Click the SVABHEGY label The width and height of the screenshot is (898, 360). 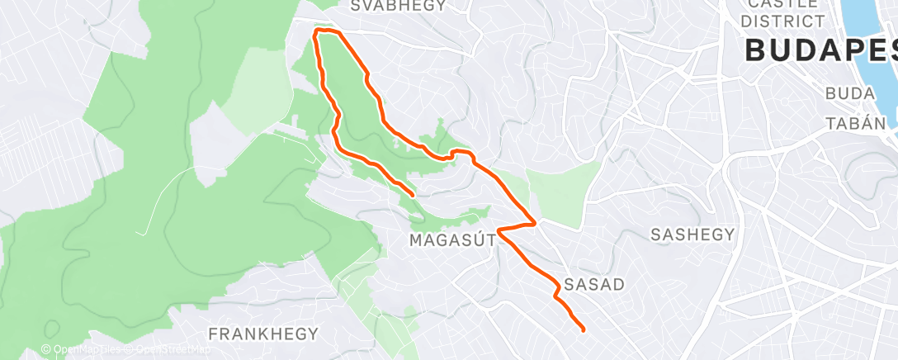[x=398, y=6]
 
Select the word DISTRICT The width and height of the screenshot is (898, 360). [x=783, y=21]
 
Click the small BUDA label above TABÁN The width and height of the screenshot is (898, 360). [x=849, y=94]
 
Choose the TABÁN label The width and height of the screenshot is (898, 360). [x=854, y=123]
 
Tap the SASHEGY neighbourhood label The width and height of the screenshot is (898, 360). [x=692, y=234]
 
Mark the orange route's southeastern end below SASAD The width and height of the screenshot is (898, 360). [x=584, y=330]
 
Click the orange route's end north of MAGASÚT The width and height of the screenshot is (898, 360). [x=413, y=195]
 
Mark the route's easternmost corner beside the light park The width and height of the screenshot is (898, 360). [x=536, y=222]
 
